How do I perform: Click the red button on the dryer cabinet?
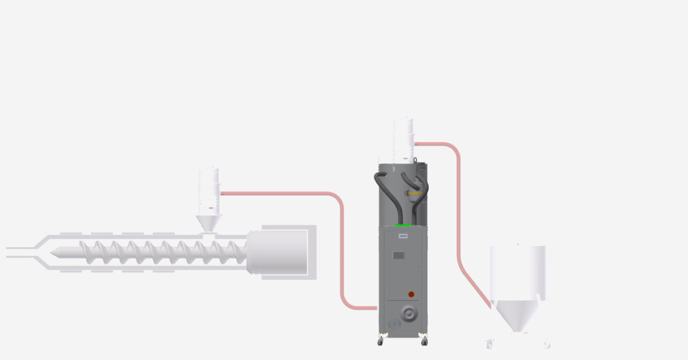coord(411,294)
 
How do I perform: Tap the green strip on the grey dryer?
coord(403,226)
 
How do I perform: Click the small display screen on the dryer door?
coord(398,256)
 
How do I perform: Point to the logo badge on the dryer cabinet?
coord(403,236)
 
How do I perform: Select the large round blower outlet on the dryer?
coord(408,313)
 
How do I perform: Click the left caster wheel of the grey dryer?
coord(381,342)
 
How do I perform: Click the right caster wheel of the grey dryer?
coord(424,342)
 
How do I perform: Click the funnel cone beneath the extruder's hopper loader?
coord(208,222)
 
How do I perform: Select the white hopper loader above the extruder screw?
coord(209,191)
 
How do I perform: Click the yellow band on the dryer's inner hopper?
coord(415,193)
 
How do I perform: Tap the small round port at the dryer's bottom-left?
coord(395,323)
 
